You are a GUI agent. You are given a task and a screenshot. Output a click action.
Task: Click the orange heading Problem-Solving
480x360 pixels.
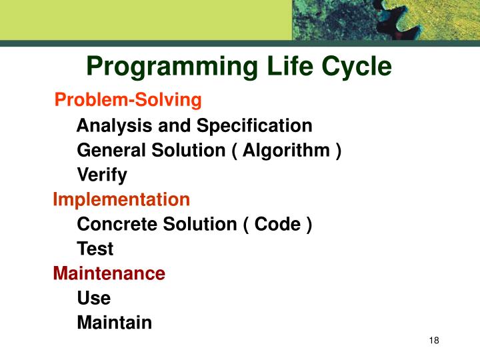[x=127, y=100]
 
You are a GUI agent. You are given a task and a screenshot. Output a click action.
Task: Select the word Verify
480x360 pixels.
[x=102, y=175]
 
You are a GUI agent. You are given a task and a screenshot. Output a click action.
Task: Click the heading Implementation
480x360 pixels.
[x=121, y=199]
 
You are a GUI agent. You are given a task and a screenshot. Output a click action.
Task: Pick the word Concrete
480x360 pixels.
[x=113, y=224]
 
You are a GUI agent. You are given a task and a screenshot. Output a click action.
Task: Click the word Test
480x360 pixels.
[x=95, y=249]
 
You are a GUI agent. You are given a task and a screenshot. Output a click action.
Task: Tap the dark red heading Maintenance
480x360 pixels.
[x=109, y=273]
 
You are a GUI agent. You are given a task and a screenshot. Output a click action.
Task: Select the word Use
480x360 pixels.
[x=94, y=298]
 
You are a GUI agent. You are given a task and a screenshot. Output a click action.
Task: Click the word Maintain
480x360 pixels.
[x=115, y=323]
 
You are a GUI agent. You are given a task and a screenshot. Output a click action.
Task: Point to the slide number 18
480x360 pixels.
[x=435, y=341]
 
